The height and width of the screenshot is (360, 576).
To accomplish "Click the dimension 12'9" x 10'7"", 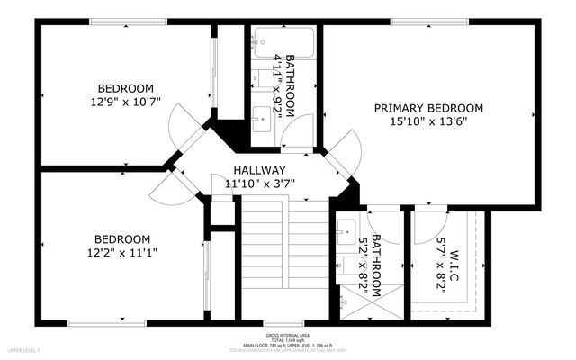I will [x=125, y=102].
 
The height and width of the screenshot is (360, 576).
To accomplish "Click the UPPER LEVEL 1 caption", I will [x=20, y=347].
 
